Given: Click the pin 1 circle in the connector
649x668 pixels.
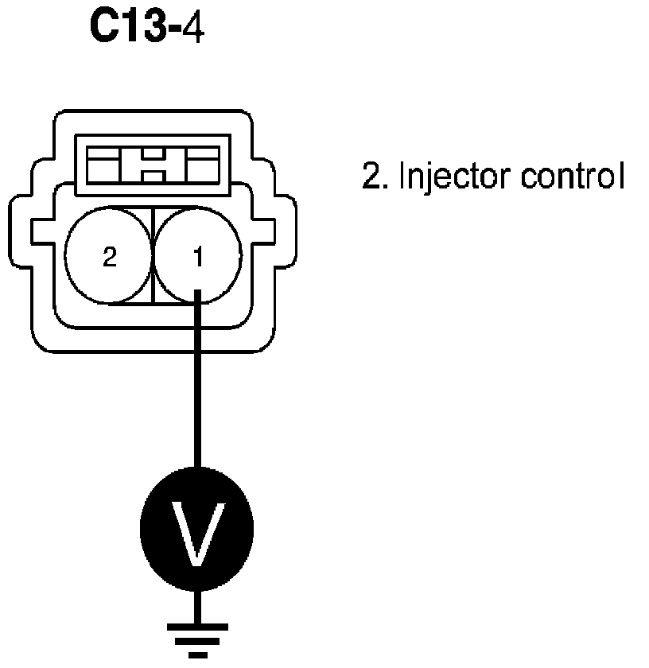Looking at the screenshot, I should pyautogui.click(x=197, y=256).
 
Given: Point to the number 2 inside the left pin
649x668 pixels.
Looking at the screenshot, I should pyautogui.click(x=109, y=257).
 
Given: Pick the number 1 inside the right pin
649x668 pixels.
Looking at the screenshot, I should pyautogui.click(x=198, y=257).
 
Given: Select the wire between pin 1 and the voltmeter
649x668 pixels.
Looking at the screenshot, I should pyautogui.click(x=197, y=382).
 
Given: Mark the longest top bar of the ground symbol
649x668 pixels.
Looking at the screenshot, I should pyautogui.click(x=197, y=625).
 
